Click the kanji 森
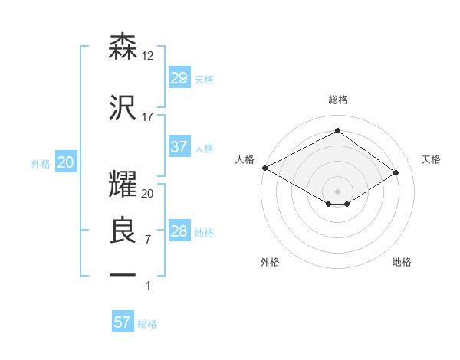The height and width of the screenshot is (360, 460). tap(123, 47)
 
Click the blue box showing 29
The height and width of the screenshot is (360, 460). tap(179, 79)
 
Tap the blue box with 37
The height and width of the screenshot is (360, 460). tap(179, 148)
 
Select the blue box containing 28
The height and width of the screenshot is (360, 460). tap(179, 232)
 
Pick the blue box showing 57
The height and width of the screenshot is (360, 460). tap(123, 322)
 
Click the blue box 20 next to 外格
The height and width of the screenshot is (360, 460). tap(65, 163)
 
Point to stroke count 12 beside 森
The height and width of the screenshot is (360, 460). tap(149, 56)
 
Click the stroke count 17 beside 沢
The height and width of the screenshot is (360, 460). tap(148, 117)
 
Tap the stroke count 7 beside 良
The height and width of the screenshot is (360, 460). tap(148, 240)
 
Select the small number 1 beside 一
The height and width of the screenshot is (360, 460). tap(149, 286)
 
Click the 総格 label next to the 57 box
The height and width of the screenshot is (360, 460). tap(147, 324)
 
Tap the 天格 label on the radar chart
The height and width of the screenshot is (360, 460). tap(431, 159)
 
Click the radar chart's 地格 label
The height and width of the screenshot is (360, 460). tap(402, 262)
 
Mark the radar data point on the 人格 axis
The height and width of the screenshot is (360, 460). tap(264, 168)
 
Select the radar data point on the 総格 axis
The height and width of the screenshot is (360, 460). tap(337, 131)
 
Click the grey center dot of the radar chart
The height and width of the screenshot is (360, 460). tap(337, 191)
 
